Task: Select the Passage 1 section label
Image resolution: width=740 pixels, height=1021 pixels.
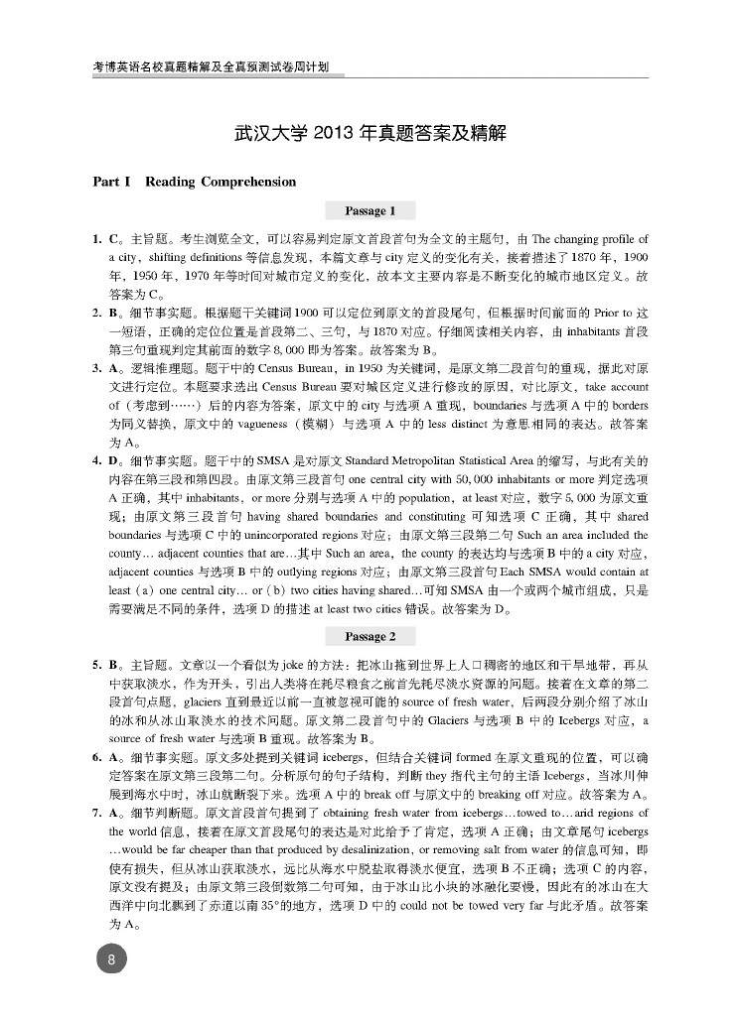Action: point(370,210)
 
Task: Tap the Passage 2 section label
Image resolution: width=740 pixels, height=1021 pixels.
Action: point(370,636)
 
